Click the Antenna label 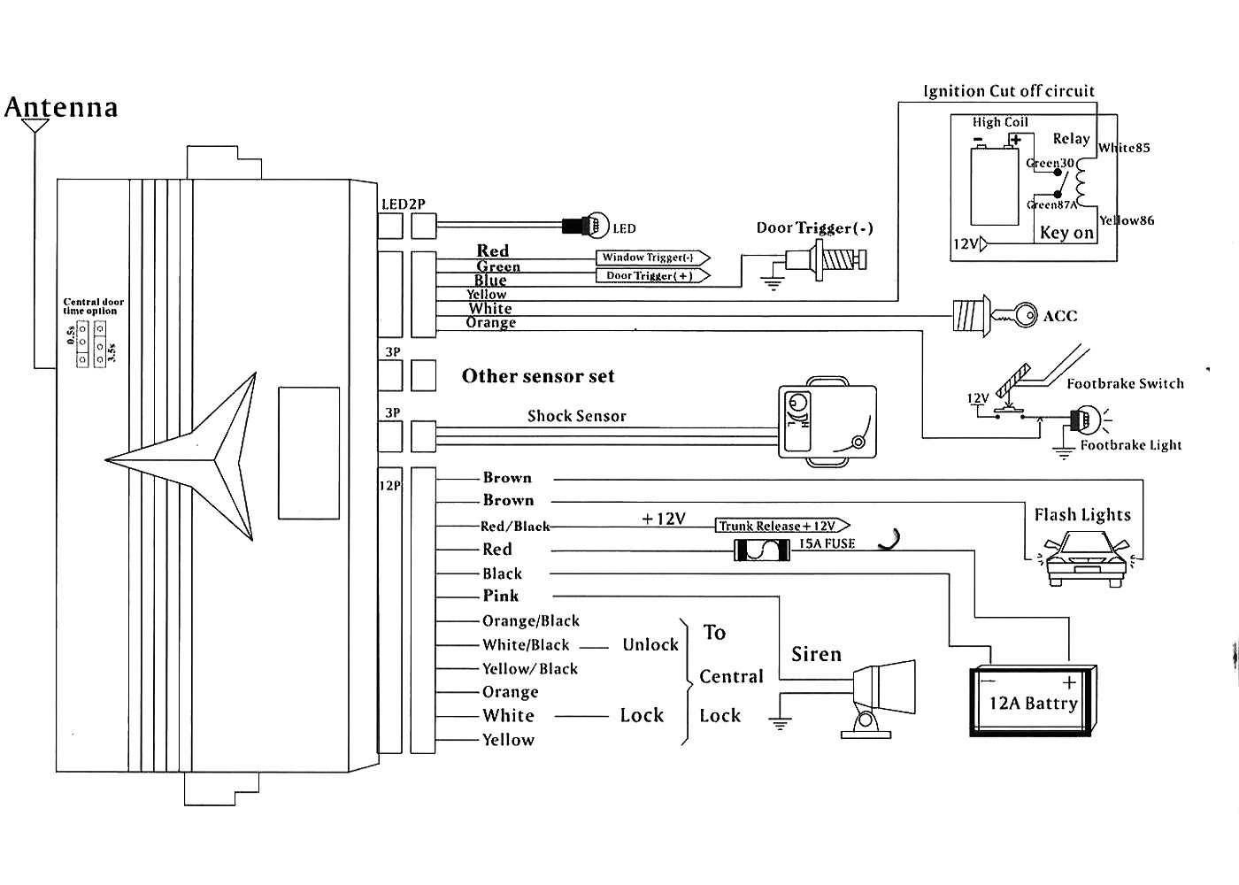click(61, 107)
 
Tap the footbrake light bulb click(1082, 420)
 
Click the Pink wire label click(501, 596)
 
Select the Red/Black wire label click(515, 527)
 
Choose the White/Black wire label click(526, 645)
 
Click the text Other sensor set click(538, 376)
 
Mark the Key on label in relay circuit click(1066, 233)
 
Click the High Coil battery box click(995, 186)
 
